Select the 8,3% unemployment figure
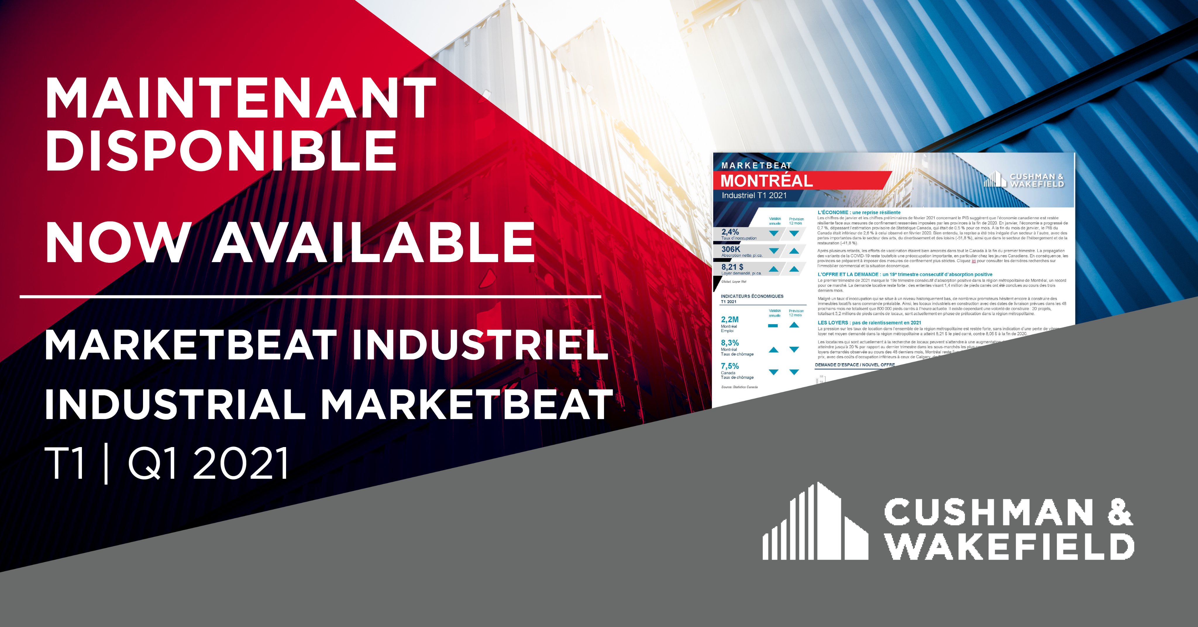[x=730, y=343]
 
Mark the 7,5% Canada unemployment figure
[x=730, y=366]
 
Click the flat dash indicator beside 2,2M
[x=773, y=326]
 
